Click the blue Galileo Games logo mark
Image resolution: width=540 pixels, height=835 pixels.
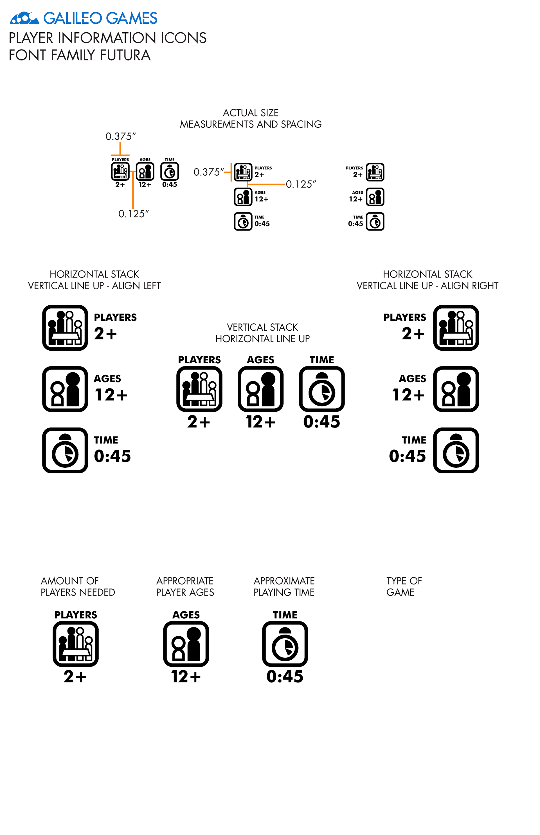[x=24, y=18]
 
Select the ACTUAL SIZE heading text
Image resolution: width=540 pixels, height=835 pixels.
[x=251, y=113]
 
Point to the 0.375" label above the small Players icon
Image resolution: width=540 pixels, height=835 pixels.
[x=121, y=136]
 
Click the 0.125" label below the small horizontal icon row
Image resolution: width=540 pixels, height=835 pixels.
[x=134, y=214]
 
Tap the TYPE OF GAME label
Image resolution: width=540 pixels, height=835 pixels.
[x=404, y=586]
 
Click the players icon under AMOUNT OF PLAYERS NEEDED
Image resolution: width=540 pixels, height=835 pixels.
[x=76, y=644]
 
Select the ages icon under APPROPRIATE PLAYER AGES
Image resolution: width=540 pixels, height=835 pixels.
[x=186, y=644]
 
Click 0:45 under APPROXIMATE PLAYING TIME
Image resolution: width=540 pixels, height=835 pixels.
[x=285, y=677]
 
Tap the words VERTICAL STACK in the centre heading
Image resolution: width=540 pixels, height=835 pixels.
[x=262, y=327]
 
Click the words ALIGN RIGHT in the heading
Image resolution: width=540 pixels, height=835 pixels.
[x=469, y=286]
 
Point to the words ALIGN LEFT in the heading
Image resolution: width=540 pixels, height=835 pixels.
[x=136, y=286]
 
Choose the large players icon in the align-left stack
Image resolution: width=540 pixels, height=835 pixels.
[x=65, y=328]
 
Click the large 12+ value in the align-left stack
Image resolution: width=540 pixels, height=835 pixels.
[x=111, y=395]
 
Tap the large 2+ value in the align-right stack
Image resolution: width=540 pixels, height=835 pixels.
[x=413, y=334]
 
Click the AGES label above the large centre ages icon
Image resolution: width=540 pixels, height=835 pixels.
[x=260, y=360]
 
